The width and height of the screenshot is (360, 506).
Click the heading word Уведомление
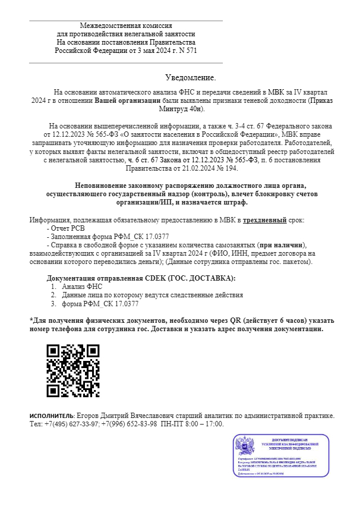click(190, 78)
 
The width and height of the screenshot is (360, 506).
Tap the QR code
click(72, 370)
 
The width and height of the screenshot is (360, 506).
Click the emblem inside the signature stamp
click(245, 447)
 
